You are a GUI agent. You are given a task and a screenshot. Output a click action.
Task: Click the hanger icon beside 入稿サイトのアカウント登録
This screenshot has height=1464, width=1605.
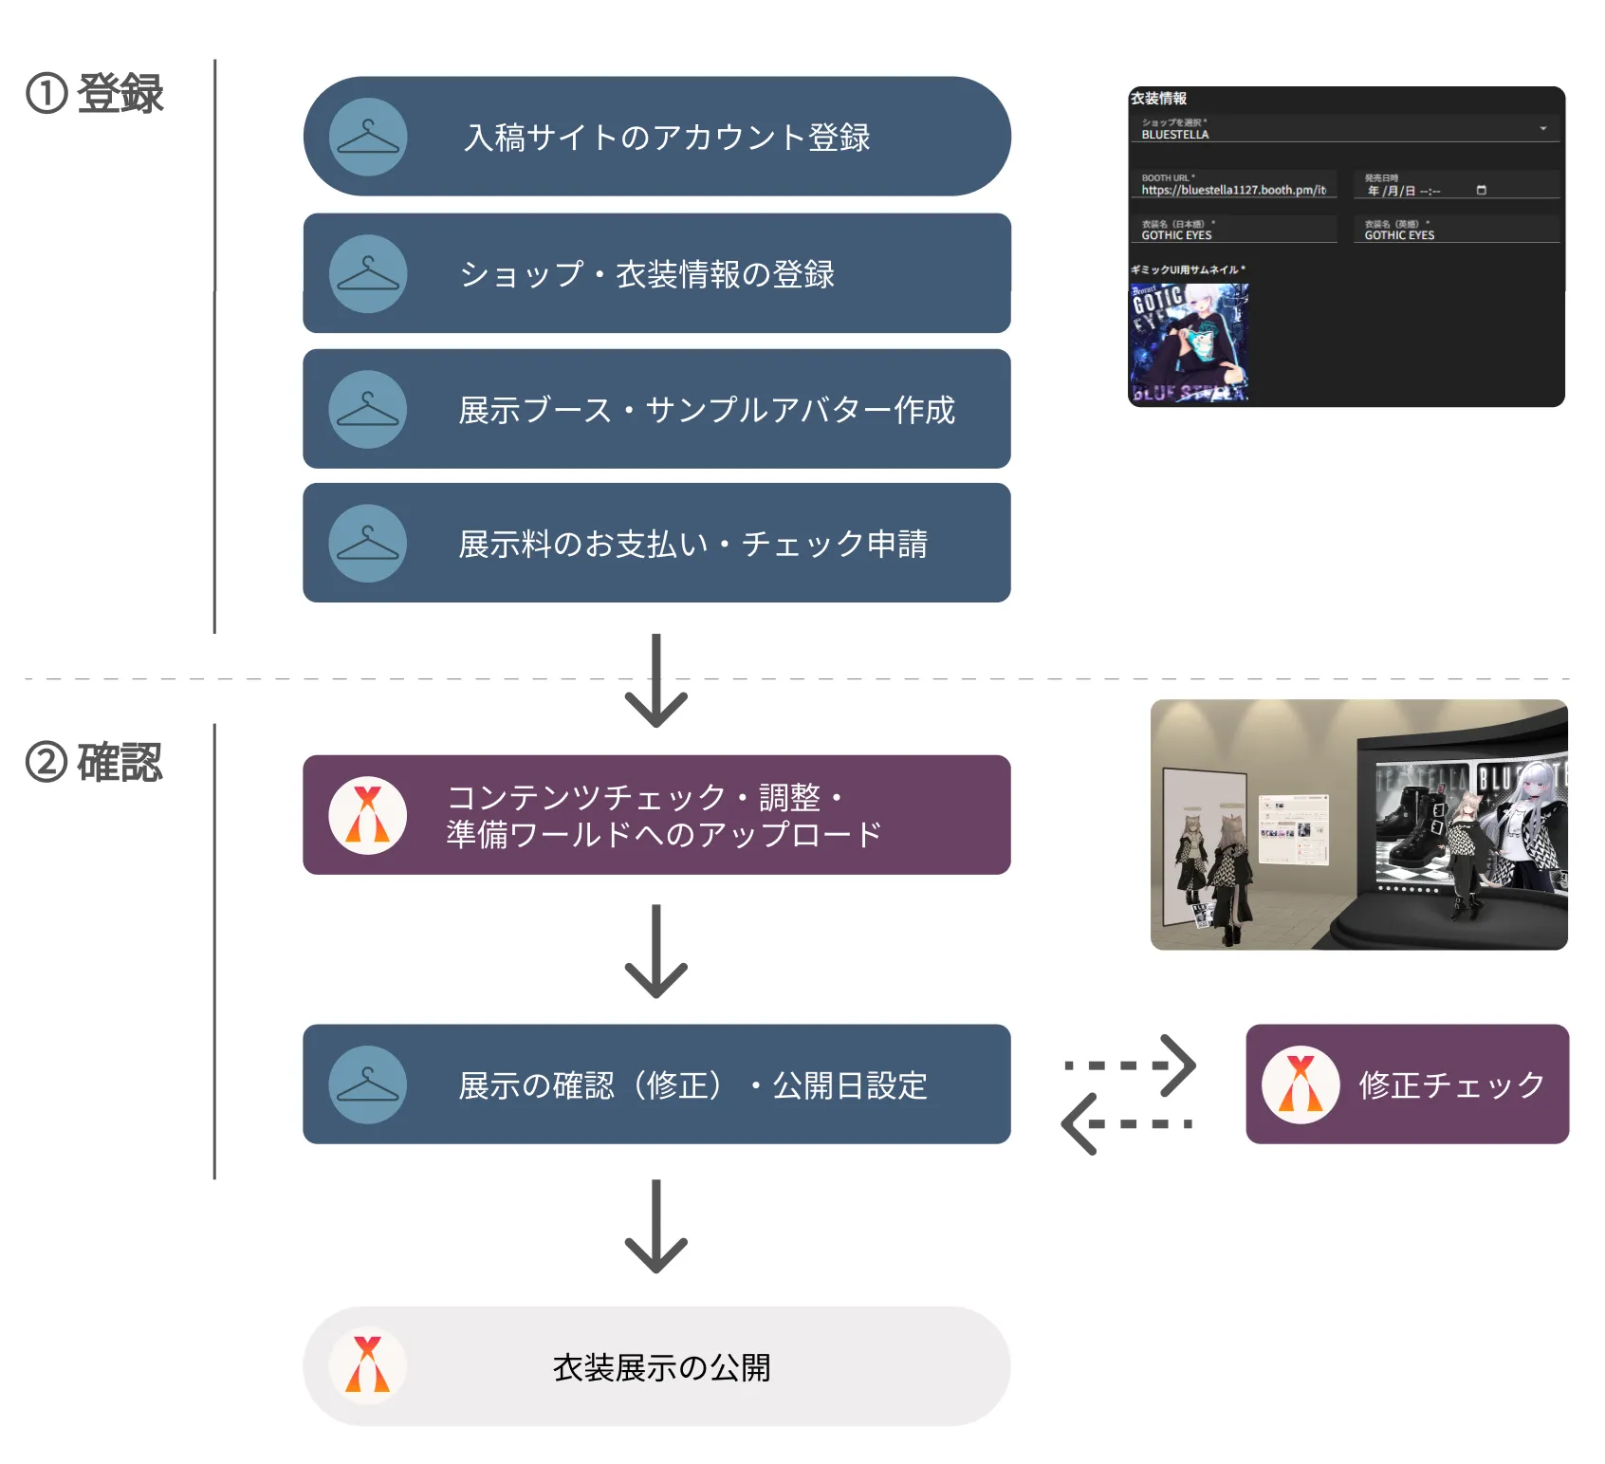368,137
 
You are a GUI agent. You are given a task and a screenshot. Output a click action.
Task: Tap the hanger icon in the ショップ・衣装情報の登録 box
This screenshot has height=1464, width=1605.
368,273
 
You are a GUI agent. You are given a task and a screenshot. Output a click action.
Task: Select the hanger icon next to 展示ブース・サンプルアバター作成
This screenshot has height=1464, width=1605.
368,409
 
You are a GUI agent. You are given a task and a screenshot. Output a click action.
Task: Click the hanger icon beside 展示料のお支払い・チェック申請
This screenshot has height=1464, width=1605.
368,543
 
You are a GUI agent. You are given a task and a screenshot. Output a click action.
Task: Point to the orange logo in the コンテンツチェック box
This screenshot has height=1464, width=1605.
368,815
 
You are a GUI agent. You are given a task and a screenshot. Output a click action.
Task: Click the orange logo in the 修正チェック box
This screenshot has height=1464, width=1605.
1301,1084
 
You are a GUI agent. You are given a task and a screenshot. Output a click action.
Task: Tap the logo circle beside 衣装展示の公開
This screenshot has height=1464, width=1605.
368,1365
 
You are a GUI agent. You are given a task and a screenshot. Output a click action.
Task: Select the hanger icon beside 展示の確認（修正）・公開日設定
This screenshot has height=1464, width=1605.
368,1084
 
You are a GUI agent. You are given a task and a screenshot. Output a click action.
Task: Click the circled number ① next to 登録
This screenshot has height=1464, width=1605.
46,94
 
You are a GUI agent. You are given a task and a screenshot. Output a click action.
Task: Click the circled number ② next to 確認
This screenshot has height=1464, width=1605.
46,762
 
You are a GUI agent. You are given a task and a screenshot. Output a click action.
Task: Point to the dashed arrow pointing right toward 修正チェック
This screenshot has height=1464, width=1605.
1131,1065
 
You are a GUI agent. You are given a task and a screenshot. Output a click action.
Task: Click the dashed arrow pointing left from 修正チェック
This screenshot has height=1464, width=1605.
1126,1123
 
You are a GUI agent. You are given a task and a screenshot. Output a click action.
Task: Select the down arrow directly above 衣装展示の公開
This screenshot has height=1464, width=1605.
655,1227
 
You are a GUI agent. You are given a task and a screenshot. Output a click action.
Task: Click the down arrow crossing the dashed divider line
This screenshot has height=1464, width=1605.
655,680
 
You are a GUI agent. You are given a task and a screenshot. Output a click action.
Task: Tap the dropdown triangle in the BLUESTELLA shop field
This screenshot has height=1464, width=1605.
1543,129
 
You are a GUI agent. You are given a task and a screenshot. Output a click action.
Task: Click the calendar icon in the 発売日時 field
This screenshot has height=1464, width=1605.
1482,191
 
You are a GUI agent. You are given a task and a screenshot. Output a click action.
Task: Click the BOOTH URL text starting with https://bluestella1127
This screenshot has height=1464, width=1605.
1233,191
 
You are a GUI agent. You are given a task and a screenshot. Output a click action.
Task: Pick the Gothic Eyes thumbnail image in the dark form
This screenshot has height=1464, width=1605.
1189,343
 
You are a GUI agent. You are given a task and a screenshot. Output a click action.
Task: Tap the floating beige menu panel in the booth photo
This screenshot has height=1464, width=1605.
1293,829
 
